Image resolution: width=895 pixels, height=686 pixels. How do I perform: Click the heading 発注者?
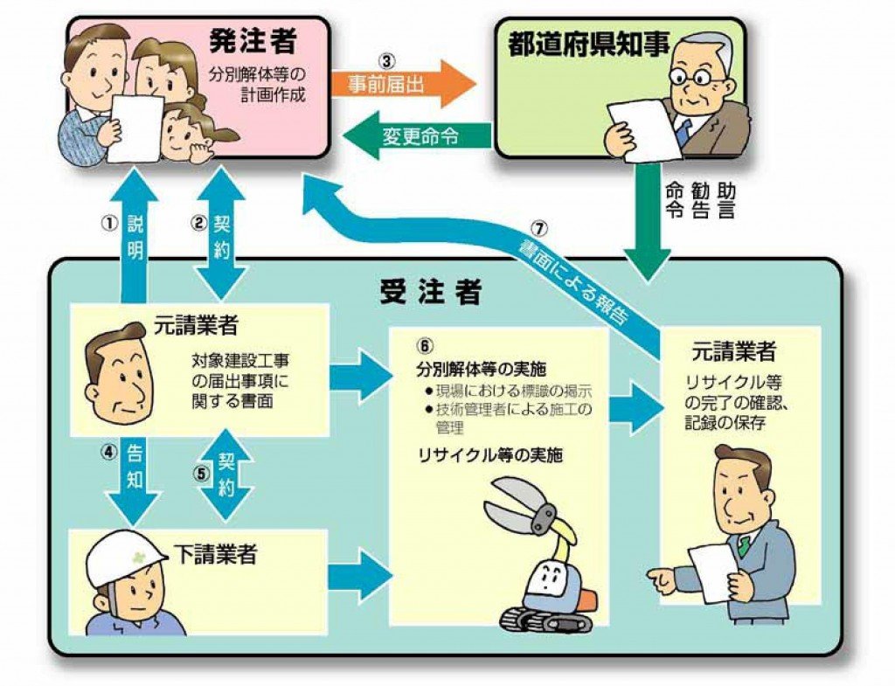[x=253, y=41]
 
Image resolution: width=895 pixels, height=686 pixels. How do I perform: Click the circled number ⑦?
[x=539, y=229]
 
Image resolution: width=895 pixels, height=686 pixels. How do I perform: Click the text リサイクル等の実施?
[x=475, y=455]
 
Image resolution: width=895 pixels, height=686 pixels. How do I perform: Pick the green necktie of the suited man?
[x=743, y=545]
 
